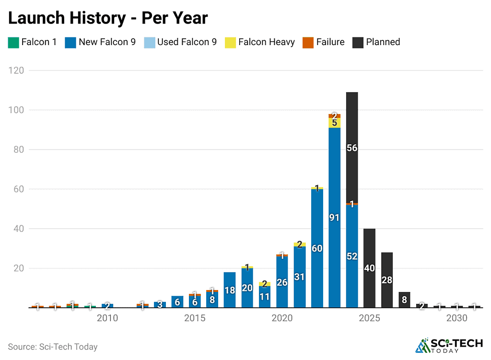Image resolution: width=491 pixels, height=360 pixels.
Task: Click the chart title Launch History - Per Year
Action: click(108, 18)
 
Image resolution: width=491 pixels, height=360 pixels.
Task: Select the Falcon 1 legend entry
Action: click(33, 42)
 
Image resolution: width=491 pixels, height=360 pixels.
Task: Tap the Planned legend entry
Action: click(376, 42)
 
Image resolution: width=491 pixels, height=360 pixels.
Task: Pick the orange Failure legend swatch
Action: click(308, 42)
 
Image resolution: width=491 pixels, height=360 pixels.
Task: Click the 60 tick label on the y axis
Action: click(18, 189)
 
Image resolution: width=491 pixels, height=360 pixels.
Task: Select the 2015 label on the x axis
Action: click(195, 318)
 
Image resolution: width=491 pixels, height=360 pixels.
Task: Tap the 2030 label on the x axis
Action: click(457, 318)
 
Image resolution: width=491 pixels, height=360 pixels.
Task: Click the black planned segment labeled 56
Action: click(352, 148)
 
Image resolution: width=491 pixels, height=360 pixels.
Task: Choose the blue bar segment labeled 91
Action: click(334, 218)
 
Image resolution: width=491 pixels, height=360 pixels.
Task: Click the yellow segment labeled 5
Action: click(334, 123)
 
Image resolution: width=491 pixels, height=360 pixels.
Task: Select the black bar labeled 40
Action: click(369, 268)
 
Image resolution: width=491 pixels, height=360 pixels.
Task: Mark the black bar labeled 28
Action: click(387, 280)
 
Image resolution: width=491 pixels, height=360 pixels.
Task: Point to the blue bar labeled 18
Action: click(230, 290)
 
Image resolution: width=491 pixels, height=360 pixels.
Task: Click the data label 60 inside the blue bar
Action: click(317, 248)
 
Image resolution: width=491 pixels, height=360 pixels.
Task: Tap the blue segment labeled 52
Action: click(352, 256)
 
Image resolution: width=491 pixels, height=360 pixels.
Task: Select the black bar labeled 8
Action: click(404, 300)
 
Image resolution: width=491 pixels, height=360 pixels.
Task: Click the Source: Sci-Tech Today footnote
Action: click(53, 347)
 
